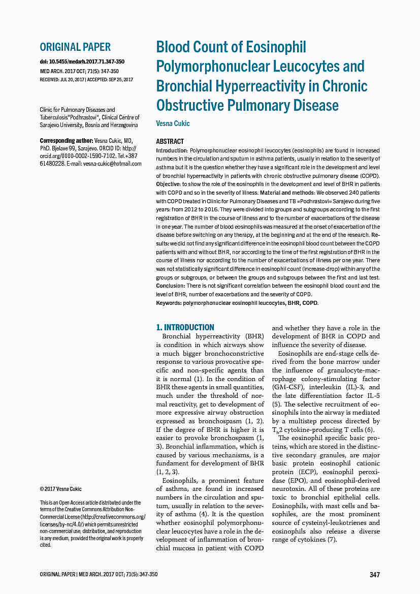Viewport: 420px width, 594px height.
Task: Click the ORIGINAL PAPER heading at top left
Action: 75,47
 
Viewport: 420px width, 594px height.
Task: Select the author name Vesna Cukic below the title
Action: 173,123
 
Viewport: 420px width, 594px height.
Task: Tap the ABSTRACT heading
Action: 170,141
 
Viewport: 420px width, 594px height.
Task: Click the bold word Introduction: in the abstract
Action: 172,151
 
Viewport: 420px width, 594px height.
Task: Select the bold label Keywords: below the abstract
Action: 169,303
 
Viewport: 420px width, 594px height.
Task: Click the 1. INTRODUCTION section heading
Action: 185,327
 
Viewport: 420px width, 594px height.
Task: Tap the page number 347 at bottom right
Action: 374,575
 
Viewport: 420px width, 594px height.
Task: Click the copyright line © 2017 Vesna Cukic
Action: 61,489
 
